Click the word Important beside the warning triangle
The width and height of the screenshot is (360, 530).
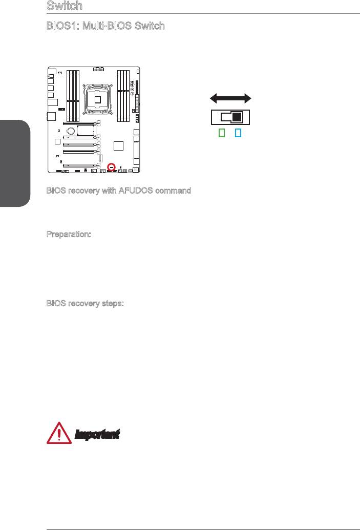[x=97, y=435]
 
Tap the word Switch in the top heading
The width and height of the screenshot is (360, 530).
[x=65, y=6]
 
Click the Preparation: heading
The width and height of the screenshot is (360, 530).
[x=69, y=234]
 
